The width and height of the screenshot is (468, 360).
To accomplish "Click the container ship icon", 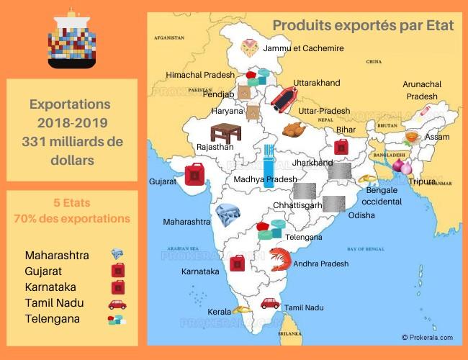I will pos(71,41).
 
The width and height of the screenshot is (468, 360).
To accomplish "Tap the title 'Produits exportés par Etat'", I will pos(363,25).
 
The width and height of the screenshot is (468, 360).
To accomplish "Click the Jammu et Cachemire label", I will pos(304,48).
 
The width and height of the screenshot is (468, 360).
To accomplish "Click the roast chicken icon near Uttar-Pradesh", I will pos(294,130).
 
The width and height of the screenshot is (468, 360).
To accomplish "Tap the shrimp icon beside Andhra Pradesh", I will pos(280,258).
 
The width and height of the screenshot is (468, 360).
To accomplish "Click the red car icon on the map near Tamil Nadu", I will pos(270,303).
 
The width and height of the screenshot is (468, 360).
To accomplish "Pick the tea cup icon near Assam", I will pos(412,137).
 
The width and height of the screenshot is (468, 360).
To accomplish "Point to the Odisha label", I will pos(361,215).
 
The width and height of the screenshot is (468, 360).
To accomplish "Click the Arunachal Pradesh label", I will pos(422,90).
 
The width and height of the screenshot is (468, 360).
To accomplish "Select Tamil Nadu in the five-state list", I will pos(54,303).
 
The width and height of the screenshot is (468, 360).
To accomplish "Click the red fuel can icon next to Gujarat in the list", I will pos(117,270).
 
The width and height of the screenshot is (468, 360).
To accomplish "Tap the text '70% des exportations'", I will pos(72,218).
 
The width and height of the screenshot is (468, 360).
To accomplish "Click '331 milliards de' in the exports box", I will pos(72,140).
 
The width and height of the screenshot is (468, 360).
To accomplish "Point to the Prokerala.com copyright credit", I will pos(427,337).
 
